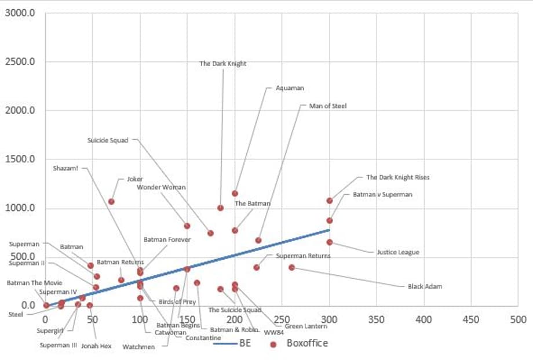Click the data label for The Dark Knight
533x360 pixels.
point(222,64)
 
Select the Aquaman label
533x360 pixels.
point(290,88)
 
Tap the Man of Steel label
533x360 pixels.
point(328,106)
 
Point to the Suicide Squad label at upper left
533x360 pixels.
point(108,140)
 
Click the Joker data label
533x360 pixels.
point(135,179)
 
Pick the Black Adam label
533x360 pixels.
point(425,286)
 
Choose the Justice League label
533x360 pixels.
point(397,252)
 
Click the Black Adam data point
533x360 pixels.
point(291,267)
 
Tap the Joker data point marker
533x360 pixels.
point(111,202)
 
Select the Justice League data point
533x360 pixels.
point(330,242)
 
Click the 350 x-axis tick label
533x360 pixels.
point(377,319)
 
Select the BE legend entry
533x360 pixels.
point(232,343)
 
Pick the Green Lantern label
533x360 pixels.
point(306,326)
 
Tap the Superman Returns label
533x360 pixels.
point(303,256)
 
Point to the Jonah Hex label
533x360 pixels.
point(96,346)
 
